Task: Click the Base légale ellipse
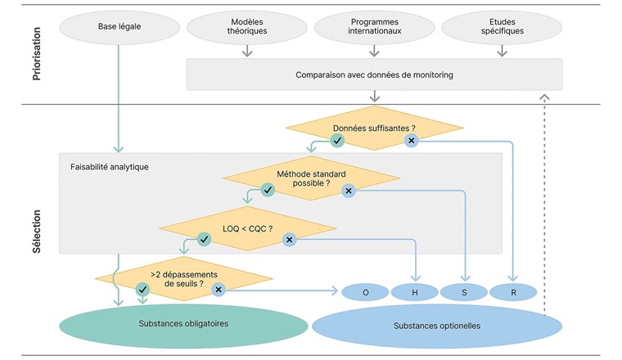(x=119, y=26)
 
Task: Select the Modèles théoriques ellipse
(x=247, y=26)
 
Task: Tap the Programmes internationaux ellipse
(x=374, y=26)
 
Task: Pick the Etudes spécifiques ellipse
(x=502, y=26)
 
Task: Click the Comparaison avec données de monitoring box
(x=374, y=74)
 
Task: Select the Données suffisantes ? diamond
(x=374, y=128)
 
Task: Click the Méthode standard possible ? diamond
(x=311, y=178)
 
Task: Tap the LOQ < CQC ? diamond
(x=247, y=228)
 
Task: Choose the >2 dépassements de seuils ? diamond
(x=183, y=278)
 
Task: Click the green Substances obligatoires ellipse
(x=183, y=324)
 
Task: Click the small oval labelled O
(x=365, y=292)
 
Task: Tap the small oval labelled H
(x=415, y=292)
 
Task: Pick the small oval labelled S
(x=464, y=292)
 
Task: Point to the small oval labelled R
(x=513, y=292)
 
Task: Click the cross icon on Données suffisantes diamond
(x=412, y=141)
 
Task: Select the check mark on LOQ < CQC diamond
(x=205, y=240)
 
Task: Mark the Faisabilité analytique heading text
(x=110, y=167)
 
